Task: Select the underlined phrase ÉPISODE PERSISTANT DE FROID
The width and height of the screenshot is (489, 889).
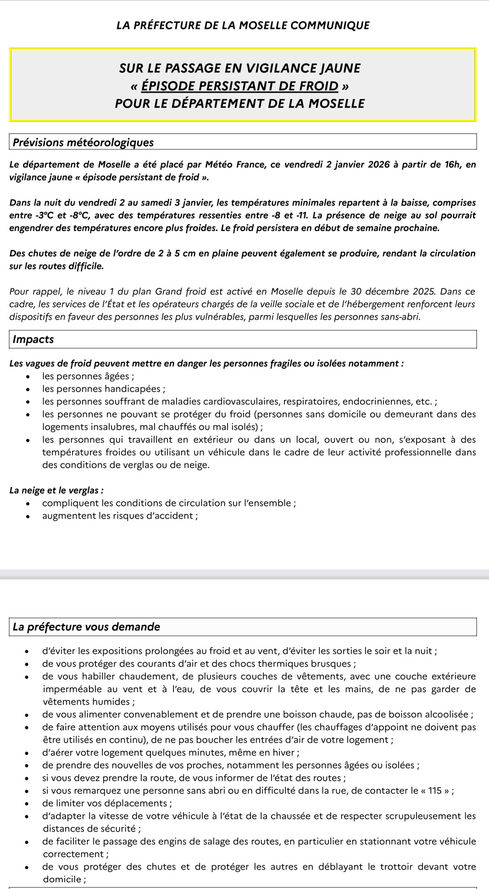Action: click(240, 86)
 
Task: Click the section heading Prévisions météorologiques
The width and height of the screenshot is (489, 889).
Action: click(83, 142)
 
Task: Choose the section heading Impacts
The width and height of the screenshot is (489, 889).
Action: click(33, 339)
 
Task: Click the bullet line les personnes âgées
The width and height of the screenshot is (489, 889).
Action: click(88, 377)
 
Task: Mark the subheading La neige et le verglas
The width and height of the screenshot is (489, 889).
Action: click(56, 490)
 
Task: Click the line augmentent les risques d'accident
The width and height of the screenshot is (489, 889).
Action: click(120, 516)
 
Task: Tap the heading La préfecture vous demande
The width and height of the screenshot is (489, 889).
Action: click(87, 627)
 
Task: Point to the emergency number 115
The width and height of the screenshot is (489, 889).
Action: click(434, 790)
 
